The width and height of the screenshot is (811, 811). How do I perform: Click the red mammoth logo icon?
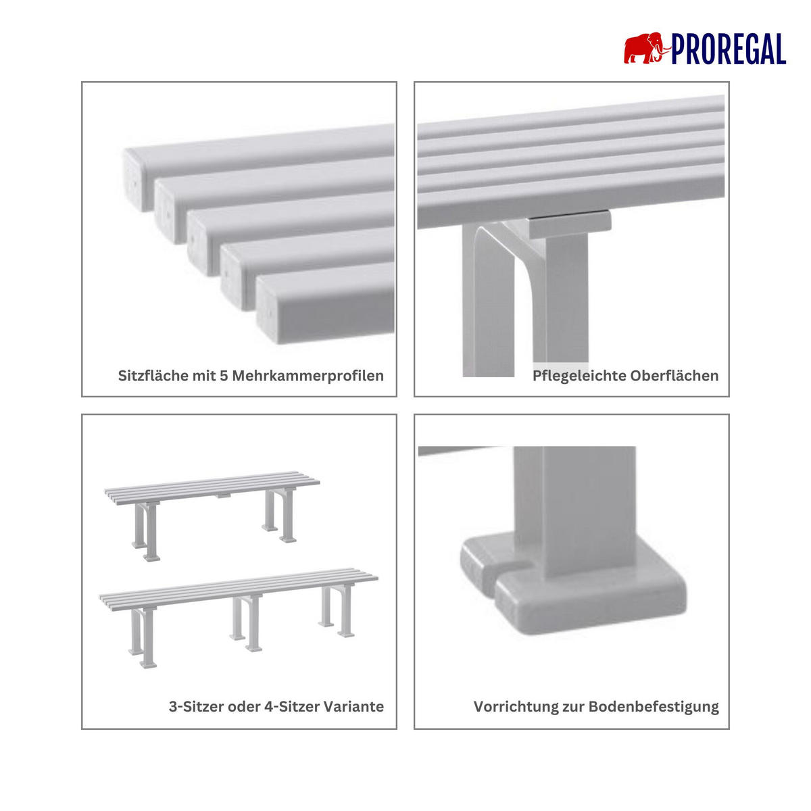pyautogui.click(x=647, y=49)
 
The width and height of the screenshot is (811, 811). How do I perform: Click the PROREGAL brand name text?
pyautogui.click(x=729, y=49)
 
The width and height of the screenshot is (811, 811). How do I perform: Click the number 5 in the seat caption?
pyautogui.click(x=224, y=376)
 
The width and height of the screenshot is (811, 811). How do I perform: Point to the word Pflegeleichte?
pyautogui.click(x=580, y=376)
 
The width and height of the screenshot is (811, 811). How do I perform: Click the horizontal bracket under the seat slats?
pyautogui.click(x=570, y=223)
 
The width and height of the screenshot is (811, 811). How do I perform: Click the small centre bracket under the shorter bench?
pyautogui.click(x=224, y=496)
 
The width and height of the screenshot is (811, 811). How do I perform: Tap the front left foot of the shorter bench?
pyautogui.click(x=151, y=558)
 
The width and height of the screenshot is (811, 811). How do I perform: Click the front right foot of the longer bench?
pyautogui.click(x=345, y=634)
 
